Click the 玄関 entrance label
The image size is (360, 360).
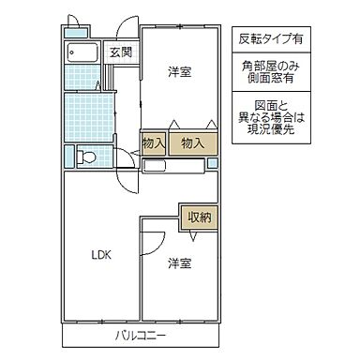click(x=119, y=52)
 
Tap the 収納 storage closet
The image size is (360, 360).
click(x=198, y=217)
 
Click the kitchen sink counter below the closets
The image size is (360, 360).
click(x=174, y=165)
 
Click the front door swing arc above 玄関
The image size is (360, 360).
click(x=126, y=28)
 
